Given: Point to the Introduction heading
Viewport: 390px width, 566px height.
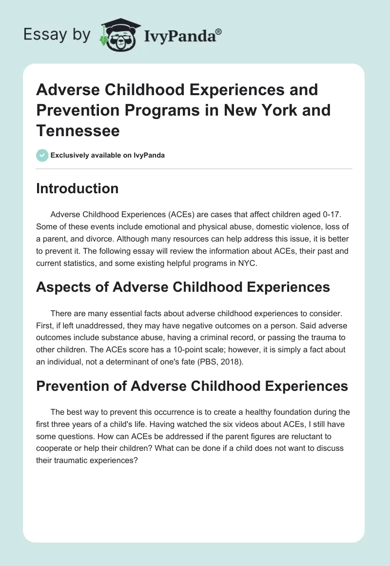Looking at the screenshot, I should [x=77, y=188].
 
